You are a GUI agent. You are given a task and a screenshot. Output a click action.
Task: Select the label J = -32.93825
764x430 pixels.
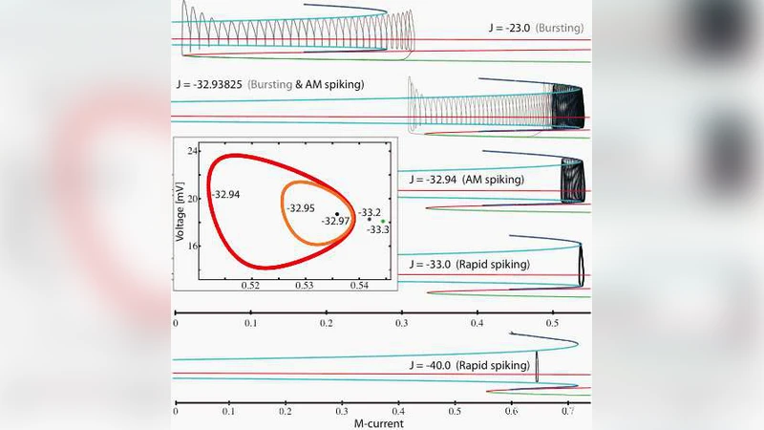271,84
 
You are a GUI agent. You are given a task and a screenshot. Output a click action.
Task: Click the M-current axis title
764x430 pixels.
382,423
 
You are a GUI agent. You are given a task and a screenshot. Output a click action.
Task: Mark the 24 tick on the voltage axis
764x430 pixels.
191,152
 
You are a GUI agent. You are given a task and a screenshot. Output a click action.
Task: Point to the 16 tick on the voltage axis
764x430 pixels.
191,246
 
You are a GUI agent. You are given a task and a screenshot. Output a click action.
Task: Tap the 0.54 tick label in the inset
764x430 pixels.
360,285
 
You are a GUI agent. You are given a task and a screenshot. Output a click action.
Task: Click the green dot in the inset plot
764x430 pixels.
383,221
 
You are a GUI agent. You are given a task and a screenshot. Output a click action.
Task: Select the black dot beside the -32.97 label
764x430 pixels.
337,213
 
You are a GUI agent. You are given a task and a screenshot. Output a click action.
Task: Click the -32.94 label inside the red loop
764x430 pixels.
226,194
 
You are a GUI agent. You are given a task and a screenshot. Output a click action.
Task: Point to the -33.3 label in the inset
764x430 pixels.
379,230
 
